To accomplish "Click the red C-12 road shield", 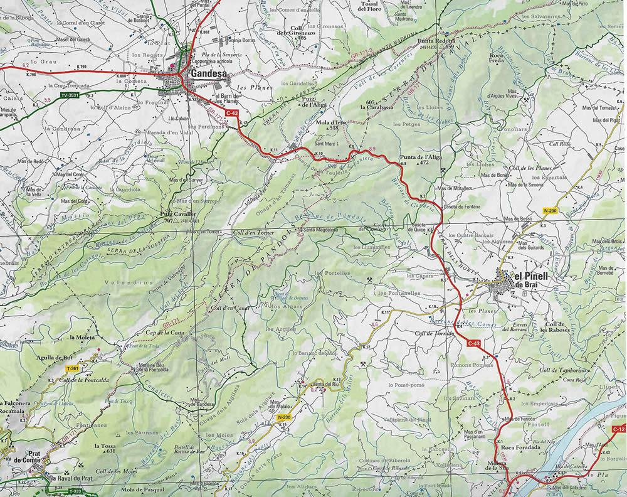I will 618,429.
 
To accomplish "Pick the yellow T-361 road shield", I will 73,368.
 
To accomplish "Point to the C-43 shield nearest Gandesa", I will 231,113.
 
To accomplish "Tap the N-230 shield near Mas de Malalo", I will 283,417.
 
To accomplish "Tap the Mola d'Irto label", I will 332,124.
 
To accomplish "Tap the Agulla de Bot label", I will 69,357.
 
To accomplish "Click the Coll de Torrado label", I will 434,333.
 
